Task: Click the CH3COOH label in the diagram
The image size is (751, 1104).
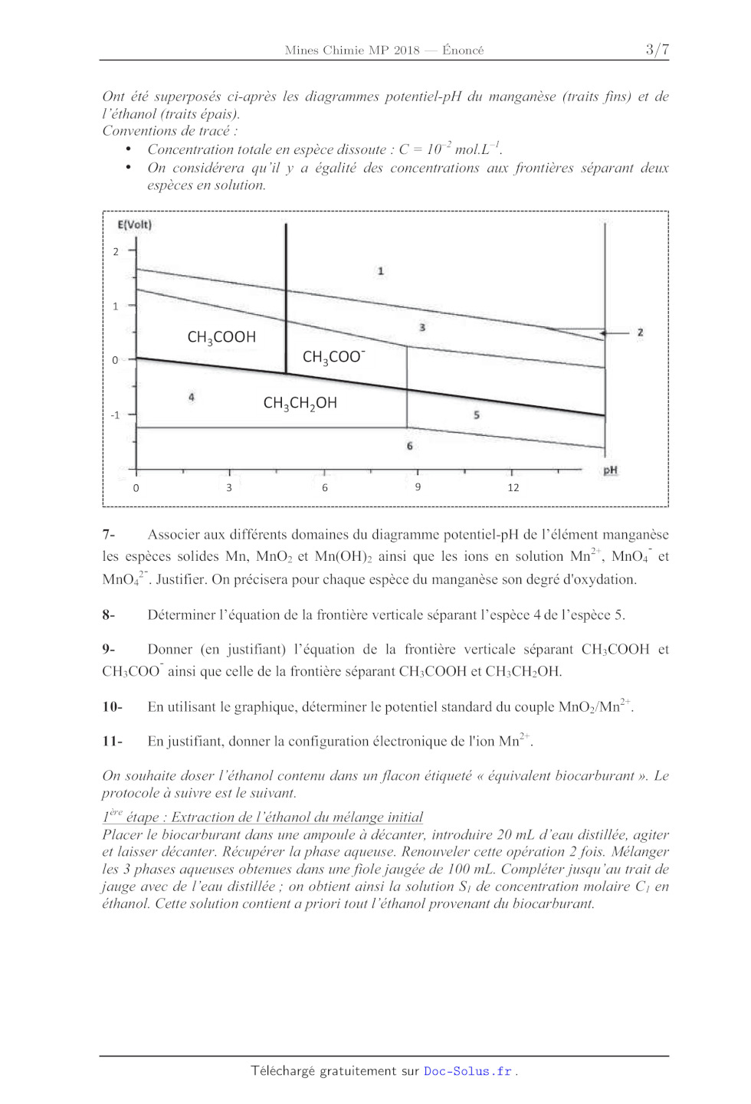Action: [x=221, y=337]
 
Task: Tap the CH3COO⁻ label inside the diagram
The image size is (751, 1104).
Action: [x=333, y=357]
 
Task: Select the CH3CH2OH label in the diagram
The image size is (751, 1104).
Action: [x=300, y=403]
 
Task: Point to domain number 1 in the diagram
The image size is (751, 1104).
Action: [x=381, y=271]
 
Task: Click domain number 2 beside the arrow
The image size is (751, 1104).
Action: [x=640, y=333]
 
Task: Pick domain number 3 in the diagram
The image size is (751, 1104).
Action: [x=422, y=327]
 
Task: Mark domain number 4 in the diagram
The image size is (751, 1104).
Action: [x=192, y=397]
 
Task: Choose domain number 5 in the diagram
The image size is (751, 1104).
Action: [x=477, y=414]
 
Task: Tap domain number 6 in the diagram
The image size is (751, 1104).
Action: [x=410, y=446]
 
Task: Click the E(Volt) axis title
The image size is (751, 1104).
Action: [x=134, y=224]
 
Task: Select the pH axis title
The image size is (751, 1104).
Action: [x=610, y=470]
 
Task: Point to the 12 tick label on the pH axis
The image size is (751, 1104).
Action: [x=513, y=487]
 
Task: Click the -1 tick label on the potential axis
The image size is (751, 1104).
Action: [x=115, y=415]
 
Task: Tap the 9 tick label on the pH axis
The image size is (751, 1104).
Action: [x=418, y=486]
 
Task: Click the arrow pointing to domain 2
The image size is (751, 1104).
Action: [x=613, y=333]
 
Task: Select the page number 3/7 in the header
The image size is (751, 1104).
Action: [x=657, y=50]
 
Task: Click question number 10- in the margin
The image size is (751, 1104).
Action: [x=112, y=706]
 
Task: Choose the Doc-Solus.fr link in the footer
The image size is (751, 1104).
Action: [x=467, y=1071]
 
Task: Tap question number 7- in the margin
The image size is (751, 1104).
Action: [x=109, y=534]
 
